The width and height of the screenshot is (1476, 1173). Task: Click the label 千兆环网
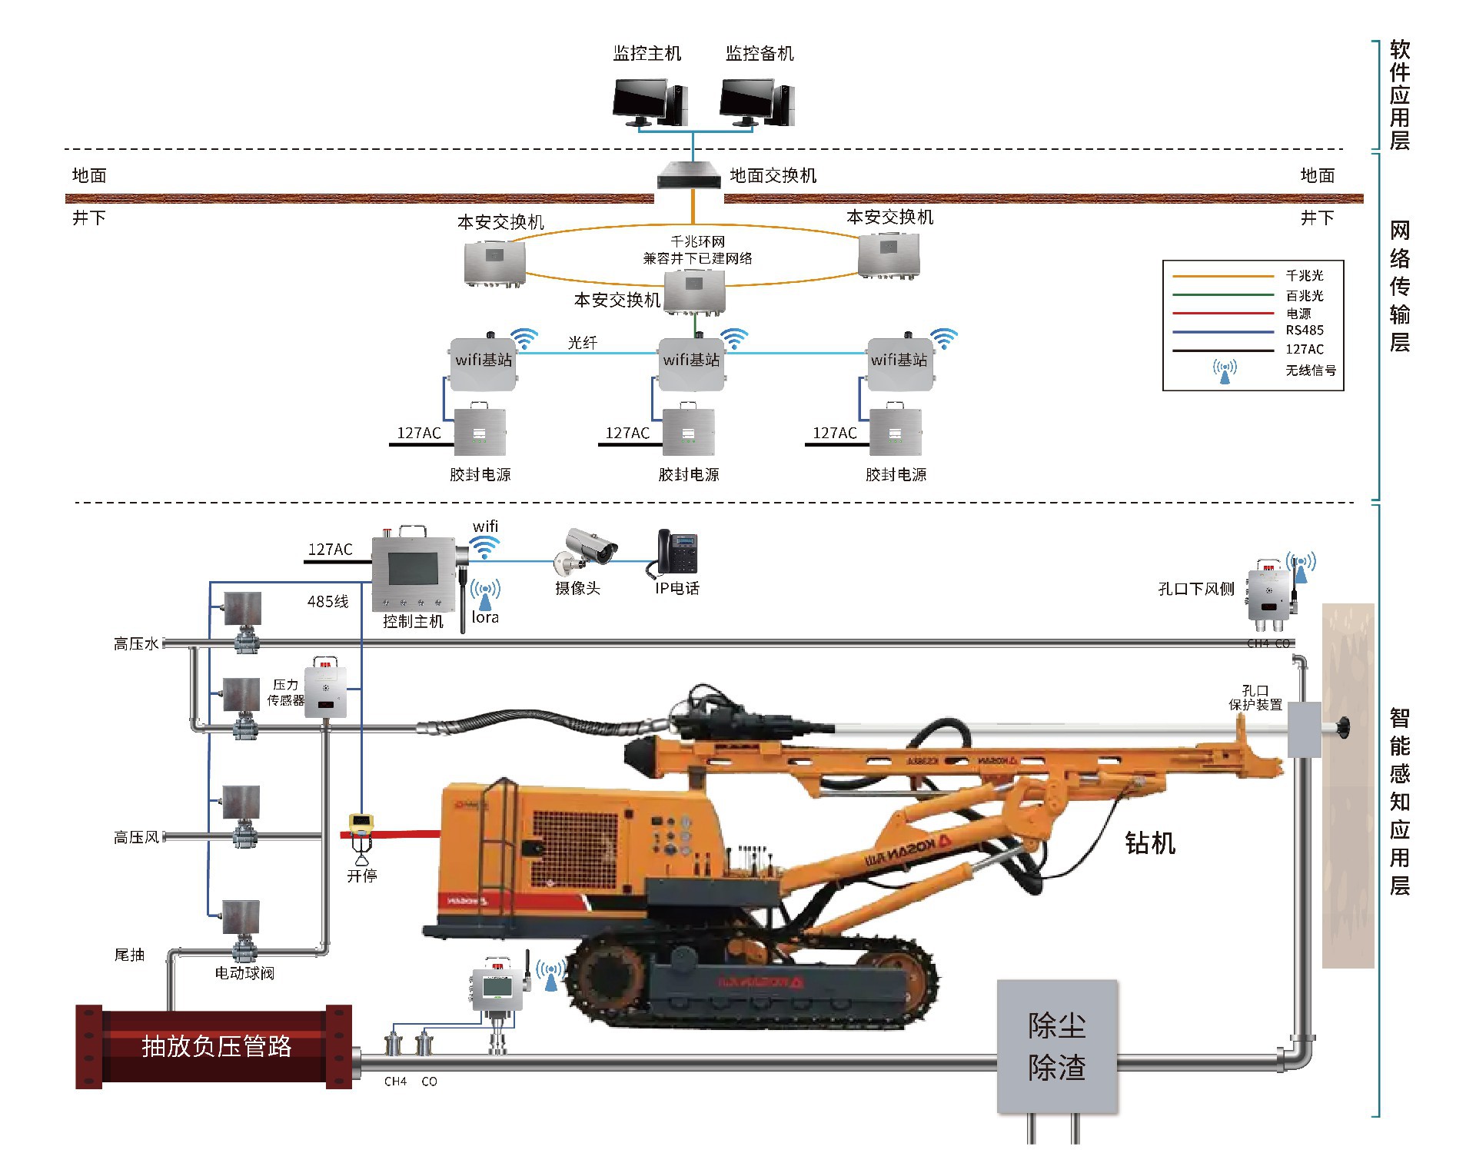pos(697,241)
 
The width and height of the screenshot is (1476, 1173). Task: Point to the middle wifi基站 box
pos(691,362)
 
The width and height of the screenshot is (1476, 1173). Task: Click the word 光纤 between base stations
pos(582,343)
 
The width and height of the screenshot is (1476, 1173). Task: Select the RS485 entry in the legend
pos(1305,331)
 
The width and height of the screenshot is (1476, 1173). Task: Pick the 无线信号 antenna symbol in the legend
pos(1225,371)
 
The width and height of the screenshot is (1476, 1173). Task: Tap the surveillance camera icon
pos(588,550)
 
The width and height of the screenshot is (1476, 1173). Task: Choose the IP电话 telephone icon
pos(676,553)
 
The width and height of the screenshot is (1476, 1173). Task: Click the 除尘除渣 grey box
pos(1056,1046)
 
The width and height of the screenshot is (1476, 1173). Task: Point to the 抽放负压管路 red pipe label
pos(216,1046)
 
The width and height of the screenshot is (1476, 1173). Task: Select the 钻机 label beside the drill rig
pos(1149,843)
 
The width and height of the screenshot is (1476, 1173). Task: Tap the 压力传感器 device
pos(325,689)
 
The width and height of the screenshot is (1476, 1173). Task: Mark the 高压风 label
pos(136,837)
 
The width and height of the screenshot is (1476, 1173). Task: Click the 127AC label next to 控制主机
pos(330,550)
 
